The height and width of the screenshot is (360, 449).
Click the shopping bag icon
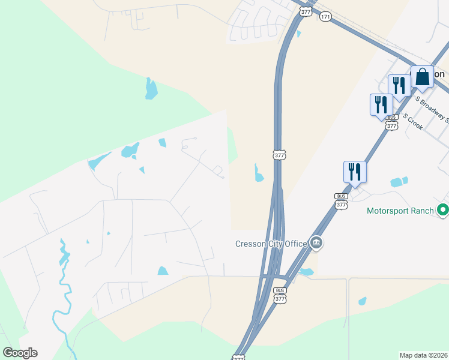pyautogui.click(x=422, y=77)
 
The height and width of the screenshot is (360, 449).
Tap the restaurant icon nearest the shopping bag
pyautogui.click(x=399, y=85)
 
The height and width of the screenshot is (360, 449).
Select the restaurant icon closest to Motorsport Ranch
pyautogui.click(x=355, y=172)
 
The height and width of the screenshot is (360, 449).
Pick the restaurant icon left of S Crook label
pyautogui.click(x=381, y=105)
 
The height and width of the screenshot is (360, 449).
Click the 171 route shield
pyautogui.click(x=325, y=16)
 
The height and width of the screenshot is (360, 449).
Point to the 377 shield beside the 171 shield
pyautogui.click(x=306, y=12)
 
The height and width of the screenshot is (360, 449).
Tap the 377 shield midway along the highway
pyautogui.click(x=279, y=155)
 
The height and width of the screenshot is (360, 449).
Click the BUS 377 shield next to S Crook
pyautogui.click(x=392, y=124)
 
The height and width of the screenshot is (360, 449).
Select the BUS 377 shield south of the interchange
pyautogui.click(x=280, y=296)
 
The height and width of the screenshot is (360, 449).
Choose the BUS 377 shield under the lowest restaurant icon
pyautogui.click(x=341, y=202)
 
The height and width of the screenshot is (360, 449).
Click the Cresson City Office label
pyautogui.click(x=270, y=243)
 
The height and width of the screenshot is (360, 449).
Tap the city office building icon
pyautogui.click(x=316, y=243)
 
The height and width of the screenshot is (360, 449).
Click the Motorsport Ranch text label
pyautogui.click(x=400, y=211)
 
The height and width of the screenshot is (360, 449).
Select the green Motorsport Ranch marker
pyautogui.click(x=443, y=211)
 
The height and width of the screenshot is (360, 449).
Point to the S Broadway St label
pyautogui.click(x=432, y=107)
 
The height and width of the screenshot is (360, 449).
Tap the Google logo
pyautogui.click(x=20, y=353)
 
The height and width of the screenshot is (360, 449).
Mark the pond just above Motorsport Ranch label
pyautogui.click(x=399, y=182)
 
